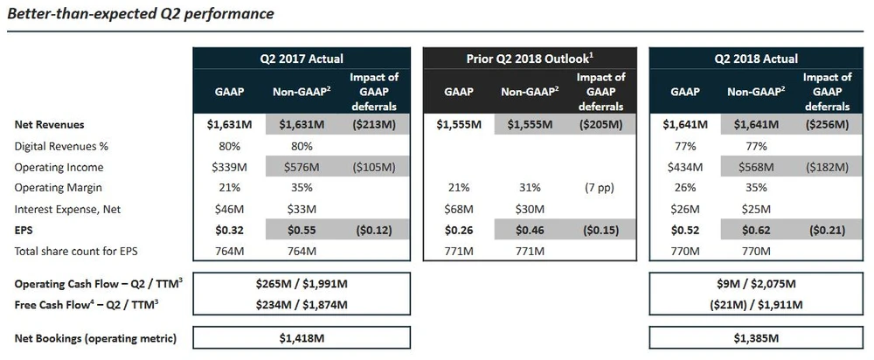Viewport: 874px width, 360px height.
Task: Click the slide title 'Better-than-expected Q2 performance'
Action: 141,14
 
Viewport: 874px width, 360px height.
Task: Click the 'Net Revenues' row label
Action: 49,125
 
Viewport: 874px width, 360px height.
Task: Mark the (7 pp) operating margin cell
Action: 601,188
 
